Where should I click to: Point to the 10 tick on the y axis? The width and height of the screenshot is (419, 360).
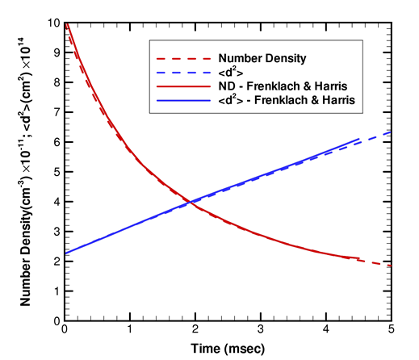pyautogui.click(x=53, y=23)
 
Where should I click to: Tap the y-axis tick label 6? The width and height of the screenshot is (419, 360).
pyautogui.click(x=57, y=140)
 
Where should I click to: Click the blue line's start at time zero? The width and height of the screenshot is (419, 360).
pyautogui.click(x=65, y=253)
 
